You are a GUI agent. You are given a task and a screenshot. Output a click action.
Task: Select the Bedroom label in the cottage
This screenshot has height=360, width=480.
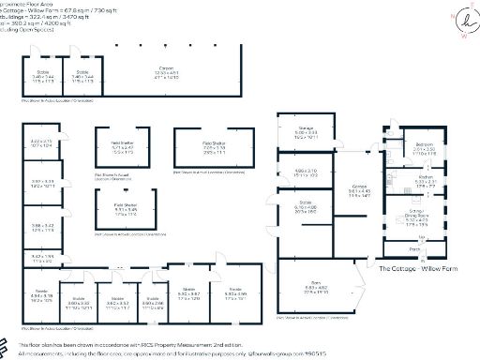pyautogui.click(x=423, y=142)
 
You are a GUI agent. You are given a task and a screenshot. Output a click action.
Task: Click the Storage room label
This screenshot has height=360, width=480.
pyautogui.click(x=306, y=131)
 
